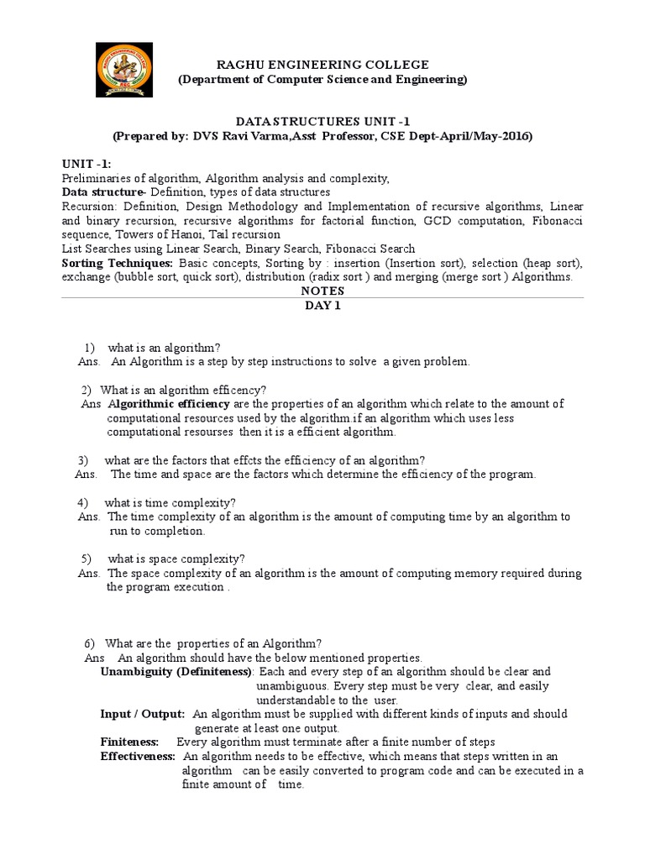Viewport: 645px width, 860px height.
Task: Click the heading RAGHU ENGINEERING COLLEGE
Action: tap(323, 65)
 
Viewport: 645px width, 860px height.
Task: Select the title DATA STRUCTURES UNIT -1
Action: tap(323, 121)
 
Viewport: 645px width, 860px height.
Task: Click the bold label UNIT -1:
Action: tap(87, 164)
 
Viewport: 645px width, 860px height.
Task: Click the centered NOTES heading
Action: tap(323, 290)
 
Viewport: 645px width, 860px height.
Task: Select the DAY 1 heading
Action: tap(323, 307)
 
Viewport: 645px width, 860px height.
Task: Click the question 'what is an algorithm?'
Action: tap(165, 347)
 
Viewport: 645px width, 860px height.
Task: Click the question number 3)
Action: tap(82, 460)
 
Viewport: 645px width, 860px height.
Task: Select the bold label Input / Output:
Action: tap(143, 714)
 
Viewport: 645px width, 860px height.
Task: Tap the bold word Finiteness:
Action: tap(129, 742)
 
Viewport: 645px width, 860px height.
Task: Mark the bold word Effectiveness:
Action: tap(138, 757)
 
